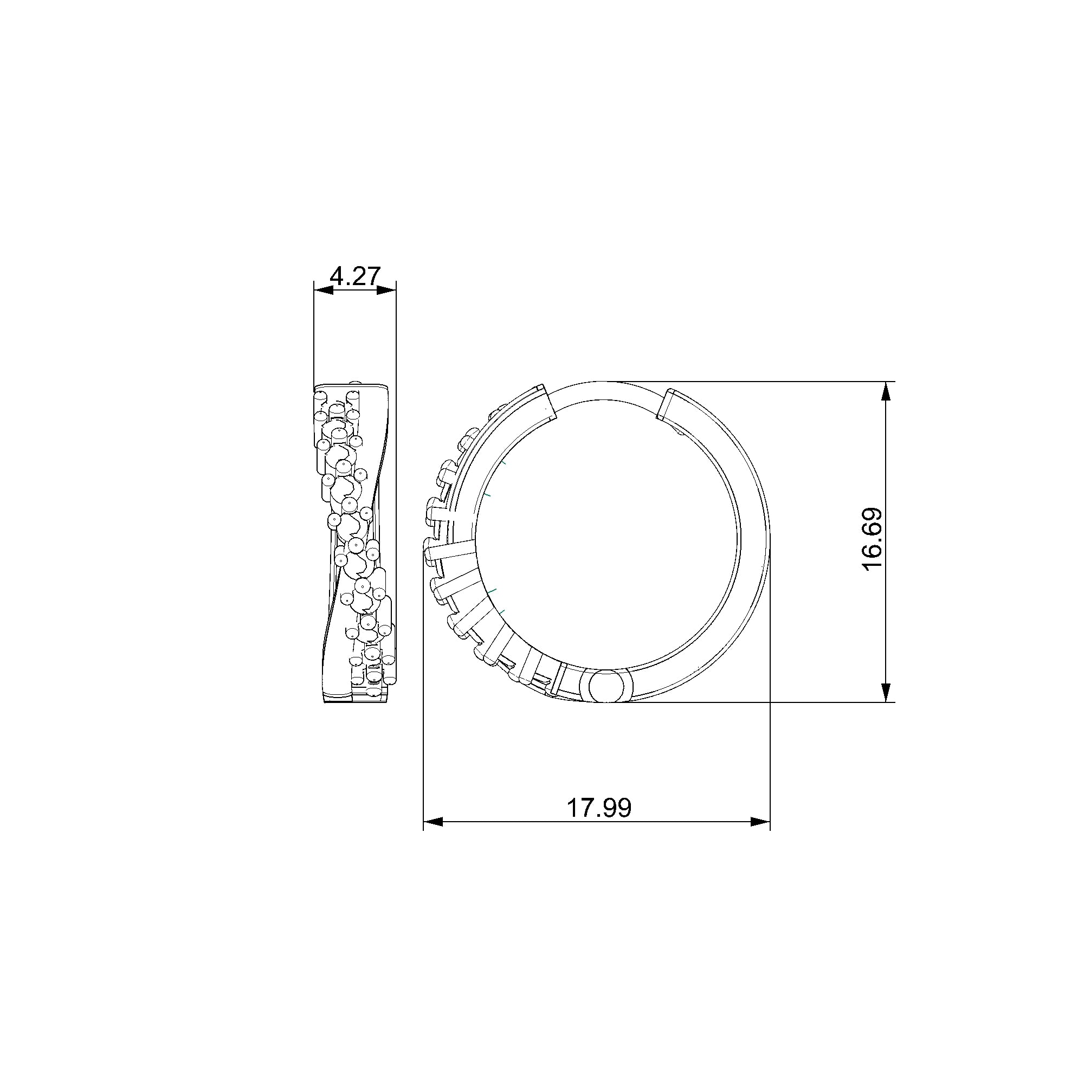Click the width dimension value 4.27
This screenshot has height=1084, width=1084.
355,276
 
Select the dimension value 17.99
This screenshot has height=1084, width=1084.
599,808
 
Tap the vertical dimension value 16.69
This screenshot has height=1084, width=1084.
872,539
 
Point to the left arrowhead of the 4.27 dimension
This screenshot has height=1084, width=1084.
323,289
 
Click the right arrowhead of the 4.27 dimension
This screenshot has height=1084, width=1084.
386,289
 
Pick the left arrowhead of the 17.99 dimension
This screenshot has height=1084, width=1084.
433,822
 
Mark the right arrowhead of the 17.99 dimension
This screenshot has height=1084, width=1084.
760,822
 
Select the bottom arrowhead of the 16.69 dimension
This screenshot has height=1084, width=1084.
886,692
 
